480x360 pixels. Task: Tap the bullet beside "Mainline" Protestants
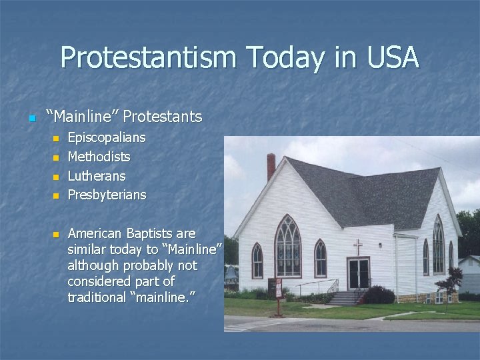(31, 119)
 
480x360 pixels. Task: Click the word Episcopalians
(107, 138)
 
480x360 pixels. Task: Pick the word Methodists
(99, 157)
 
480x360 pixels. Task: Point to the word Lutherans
(97, 177)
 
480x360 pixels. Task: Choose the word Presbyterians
(107, 195)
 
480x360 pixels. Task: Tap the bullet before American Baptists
(57, 235)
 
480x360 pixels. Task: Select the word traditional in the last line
(97, 297)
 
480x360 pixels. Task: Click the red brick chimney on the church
(271, 167)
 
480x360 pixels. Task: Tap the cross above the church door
(358, 247)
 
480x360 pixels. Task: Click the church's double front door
(358, 273)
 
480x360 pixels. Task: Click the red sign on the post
(279, 288)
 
